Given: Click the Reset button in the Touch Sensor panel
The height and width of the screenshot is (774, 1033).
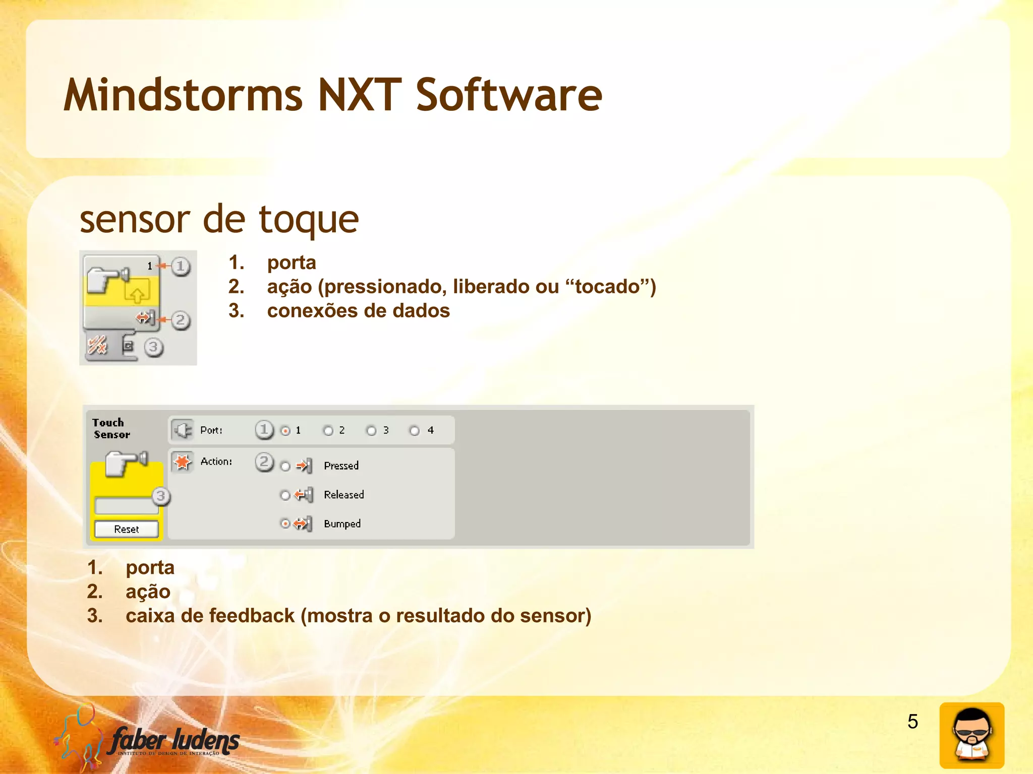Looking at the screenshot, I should tap(126, 529).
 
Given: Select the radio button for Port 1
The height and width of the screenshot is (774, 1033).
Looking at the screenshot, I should tap(285, 431).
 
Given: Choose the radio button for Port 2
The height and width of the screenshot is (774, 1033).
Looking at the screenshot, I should tap(328, 431).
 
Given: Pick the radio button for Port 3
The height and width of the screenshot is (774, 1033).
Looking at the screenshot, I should tap(372, 431).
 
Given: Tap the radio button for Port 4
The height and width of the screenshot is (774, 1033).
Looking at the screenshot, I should tap(415, 431).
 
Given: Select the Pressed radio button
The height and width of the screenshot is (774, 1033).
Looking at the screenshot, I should tap(285, 467).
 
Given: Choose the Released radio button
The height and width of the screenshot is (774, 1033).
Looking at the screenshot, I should tap(285, 496).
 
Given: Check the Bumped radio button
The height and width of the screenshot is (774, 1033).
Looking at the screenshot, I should tap(285, 524).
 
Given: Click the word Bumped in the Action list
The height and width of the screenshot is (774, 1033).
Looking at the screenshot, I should tap(342, 524).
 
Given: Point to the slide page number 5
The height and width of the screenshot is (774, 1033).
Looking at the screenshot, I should tap(912, 722).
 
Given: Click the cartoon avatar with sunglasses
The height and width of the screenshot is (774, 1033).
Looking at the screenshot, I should tap(971, 735).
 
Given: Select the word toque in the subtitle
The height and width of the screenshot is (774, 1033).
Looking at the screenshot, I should tap(309, 220).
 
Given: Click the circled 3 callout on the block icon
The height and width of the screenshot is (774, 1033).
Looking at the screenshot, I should tap(153, 347).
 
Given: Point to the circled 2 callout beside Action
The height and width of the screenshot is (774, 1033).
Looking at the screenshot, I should tap(264, 462).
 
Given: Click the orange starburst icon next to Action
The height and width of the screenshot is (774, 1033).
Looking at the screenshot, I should tap(183, 462).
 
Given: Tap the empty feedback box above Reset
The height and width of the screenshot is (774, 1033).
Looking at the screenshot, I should tap(126, 505).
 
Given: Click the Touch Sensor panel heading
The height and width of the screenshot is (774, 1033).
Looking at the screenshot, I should tap(110, 428).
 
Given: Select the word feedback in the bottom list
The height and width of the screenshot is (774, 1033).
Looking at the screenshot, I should tap(252, 616).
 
